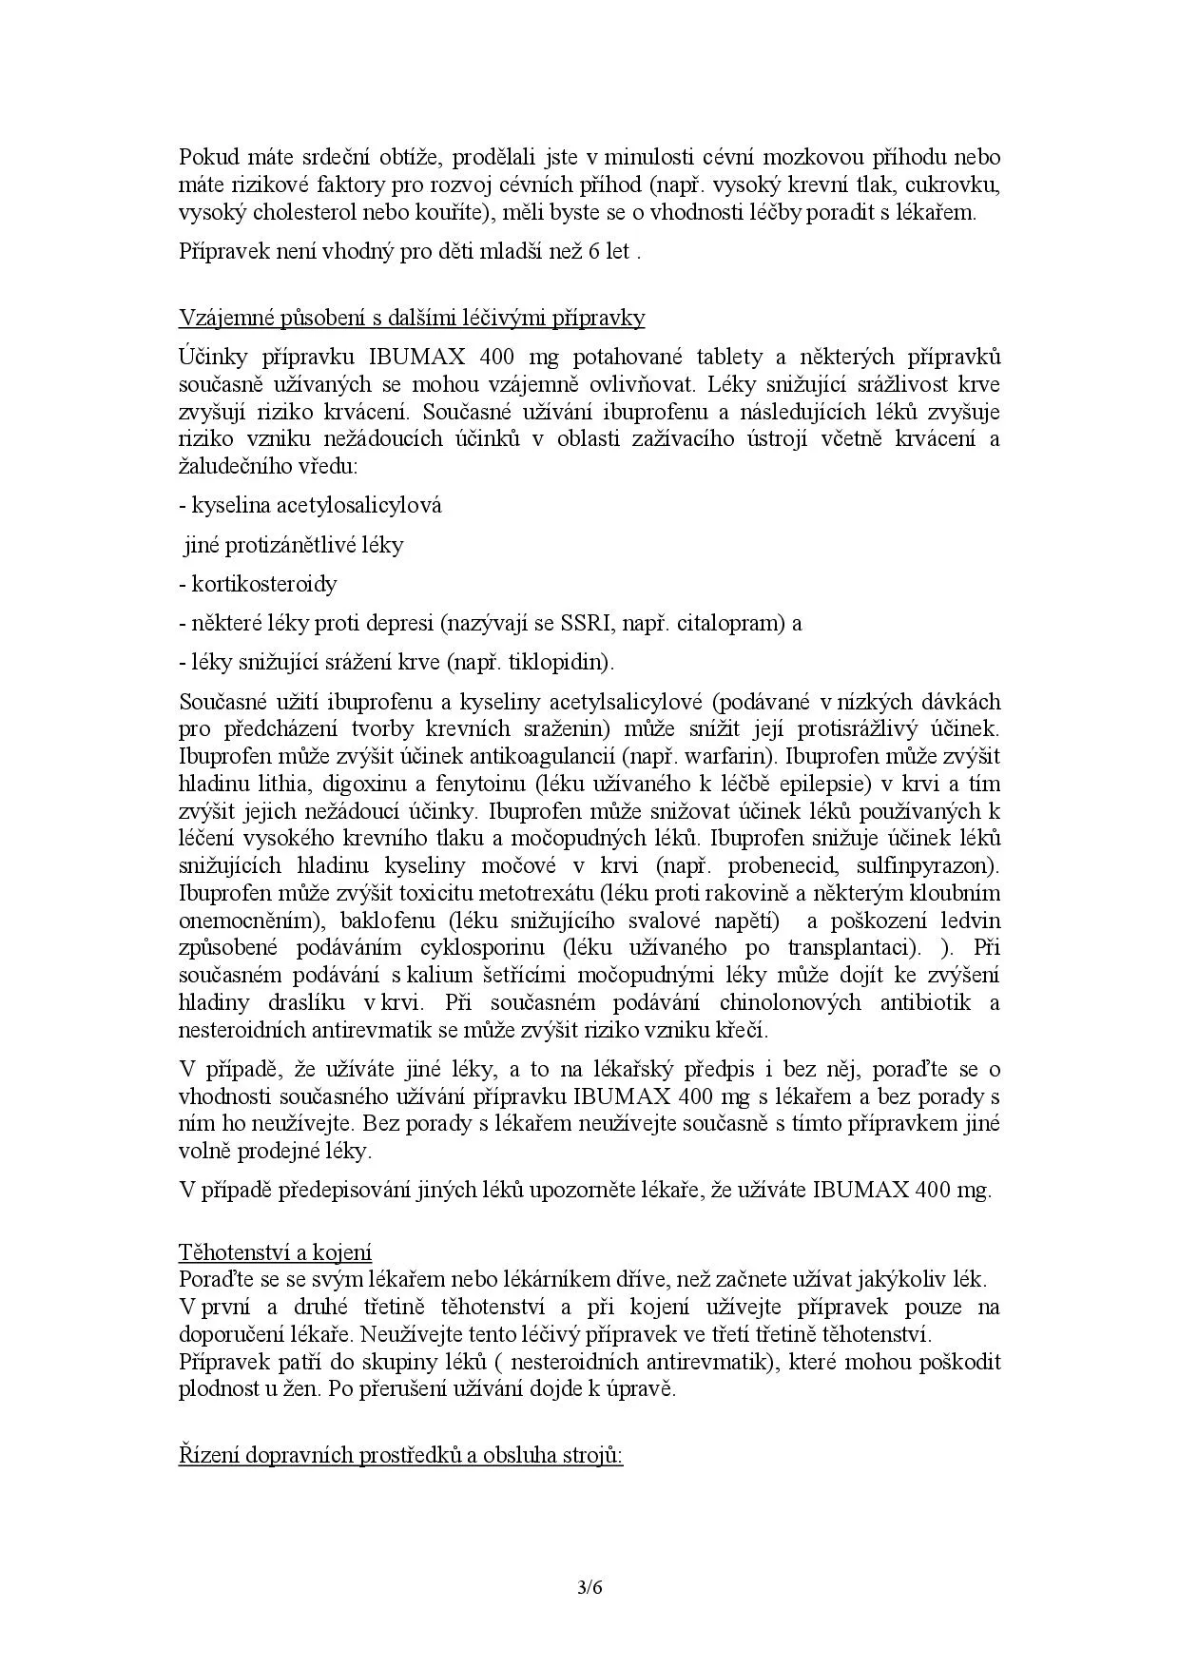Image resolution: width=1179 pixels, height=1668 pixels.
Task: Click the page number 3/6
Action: pos(589,1586)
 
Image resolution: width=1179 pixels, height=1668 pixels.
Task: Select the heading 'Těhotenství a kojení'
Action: pos(275,1251)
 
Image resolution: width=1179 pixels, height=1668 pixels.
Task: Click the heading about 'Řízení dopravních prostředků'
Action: pos(400,1456)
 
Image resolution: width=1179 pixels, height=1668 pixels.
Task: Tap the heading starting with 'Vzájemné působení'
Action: pos(412,318)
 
